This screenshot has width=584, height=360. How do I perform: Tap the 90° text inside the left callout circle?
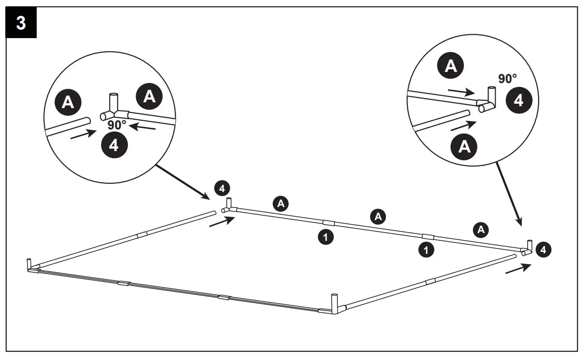click(x=116, y=125)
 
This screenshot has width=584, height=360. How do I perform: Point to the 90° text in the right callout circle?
click(x=507, y=79)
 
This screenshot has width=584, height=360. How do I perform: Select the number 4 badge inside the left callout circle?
click(x=114, y=145)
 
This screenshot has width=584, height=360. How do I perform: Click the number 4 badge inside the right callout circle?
click(x=518, y=100)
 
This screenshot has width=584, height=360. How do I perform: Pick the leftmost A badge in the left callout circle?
click(x=69, y=102)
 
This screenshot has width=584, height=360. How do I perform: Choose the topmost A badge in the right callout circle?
click(x=451, y=66)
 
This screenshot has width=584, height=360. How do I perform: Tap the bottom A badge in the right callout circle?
click(x=464, y=146)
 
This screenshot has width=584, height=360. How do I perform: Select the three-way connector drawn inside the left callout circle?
click(x=114, y=109)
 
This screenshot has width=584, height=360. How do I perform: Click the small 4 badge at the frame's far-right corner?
click(x=543, y=249)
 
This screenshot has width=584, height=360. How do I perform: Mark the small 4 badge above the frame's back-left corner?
click(x=222, y=189)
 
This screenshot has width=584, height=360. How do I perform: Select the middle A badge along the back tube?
click(x=378, y=217)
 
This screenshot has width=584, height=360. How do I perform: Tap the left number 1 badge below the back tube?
click(x=326, y=237)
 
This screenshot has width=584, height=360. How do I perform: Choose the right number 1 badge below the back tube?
click(x=425, y=249)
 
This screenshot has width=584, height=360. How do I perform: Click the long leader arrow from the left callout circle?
click(x=181, y=181)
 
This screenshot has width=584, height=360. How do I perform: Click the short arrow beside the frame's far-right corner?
click(x=518, y=268)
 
